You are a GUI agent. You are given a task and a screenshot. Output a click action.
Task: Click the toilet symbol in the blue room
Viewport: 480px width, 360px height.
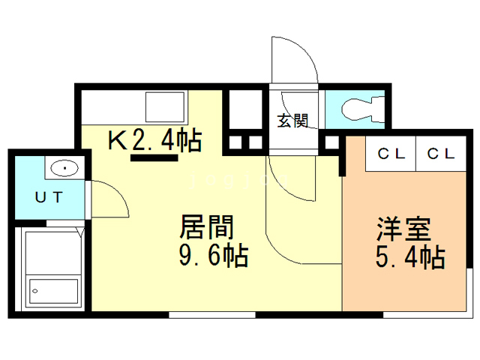pyautogui.click(x=362, y=108)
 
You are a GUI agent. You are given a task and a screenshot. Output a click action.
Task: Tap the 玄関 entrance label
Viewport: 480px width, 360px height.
pyautogui.click(x=292, y=121)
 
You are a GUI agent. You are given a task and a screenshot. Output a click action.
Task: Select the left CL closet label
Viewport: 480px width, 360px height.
pyautogui.click(x=391, y=154)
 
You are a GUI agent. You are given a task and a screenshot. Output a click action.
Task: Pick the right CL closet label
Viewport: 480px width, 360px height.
pyautogui.click(x=441, y=154)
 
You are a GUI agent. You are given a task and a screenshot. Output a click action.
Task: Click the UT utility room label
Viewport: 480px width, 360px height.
pyautogui.click(x=49, y=197)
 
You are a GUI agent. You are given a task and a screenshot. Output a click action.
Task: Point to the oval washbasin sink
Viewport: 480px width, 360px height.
pyautogui.click(x=64, y=168)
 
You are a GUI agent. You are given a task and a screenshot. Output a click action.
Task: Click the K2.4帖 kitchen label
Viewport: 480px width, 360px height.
pyautogui.click(x=155, y=140)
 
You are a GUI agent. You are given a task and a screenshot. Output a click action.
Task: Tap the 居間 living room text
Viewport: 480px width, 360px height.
pyautogui.click(x=207, y=226)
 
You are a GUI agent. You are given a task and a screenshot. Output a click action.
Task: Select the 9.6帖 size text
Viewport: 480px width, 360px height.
pyautogui.click(x=213, y=255)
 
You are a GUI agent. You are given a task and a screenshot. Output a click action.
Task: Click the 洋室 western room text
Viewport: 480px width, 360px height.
pyautogui.click(x=404, y=229)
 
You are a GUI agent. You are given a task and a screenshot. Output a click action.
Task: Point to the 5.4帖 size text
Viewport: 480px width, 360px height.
pyautogui.click(x=410, y=257)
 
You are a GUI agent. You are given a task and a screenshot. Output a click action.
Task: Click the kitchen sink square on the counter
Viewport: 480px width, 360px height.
pyautogui.click(x=165, y=107)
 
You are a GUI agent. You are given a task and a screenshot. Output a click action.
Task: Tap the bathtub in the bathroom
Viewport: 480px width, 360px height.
pyautogui.click(x=53, y=291)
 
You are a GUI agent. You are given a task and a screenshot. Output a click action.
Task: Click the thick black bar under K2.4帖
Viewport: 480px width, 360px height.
pyautogui.click(x=154, y=158)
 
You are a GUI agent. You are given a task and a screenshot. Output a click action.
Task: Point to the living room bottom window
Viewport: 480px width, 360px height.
pyautogui.click(x=212, y=315)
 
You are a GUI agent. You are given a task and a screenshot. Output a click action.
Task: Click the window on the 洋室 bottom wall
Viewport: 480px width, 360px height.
pyautogui.click(x=426, y=315)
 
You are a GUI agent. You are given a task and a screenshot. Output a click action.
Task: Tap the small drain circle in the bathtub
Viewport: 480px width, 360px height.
pyautogui.click(x=35, y=291)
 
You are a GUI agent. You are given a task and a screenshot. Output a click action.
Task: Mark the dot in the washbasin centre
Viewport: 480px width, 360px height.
pyautogui.click(x=64, y=168)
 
